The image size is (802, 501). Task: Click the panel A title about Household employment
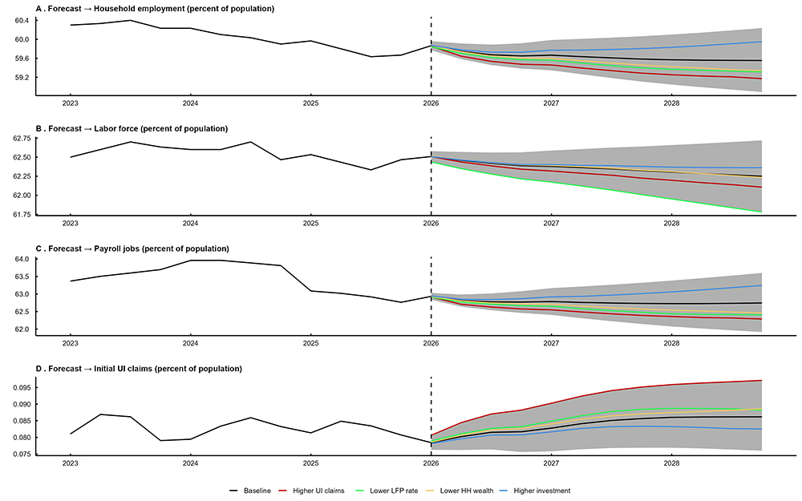tap(155, 9)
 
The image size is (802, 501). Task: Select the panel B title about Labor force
tap(132, 129)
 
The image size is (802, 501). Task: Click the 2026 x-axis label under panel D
tap(431, 463)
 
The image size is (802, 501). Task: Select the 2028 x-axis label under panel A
tap(671, 104)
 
